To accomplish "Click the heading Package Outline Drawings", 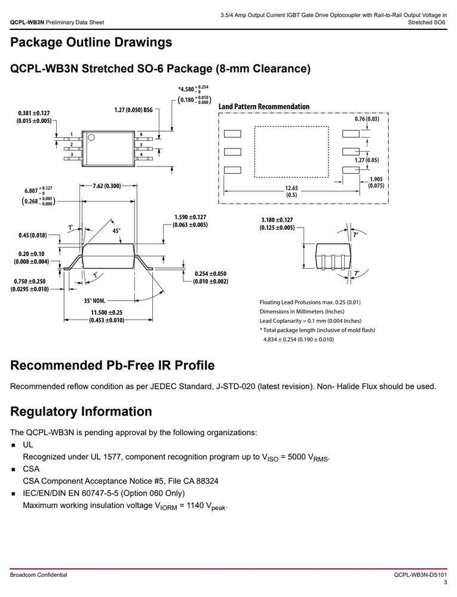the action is [x=91, y=42].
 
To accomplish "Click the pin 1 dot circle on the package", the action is [x=91, y=137].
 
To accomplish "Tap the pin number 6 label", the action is [x=141, y=134].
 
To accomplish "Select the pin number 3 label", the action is [x=72, y=154].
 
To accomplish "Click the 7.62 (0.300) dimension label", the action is [x=106, y=186].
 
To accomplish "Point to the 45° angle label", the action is [x=116, y=231].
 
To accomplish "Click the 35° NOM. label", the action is [x=95, y=301].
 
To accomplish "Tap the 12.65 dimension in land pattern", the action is [x=292, y=188].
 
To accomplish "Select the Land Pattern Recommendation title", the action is [x=263, y=107].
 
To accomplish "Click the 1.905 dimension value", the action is [x=376, y=179].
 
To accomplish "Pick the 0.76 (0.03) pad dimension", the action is [x=367, y=119].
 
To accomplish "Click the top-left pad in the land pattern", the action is [x=232, y=134].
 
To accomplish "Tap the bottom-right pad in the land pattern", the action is [x=351, y=170].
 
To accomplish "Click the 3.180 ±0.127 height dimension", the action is [x=277, y=220].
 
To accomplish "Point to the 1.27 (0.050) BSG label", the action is [x=133, y=110].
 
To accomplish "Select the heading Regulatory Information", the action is [x=81, y=411].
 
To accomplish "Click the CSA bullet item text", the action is [x=31, y=469].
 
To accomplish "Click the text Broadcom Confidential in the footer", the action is [x=38, y=575].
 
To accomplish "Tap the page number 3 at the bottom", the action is [x=445, y=583].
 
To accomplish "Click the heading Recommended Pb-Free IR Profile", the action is [x=112, y=365].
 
